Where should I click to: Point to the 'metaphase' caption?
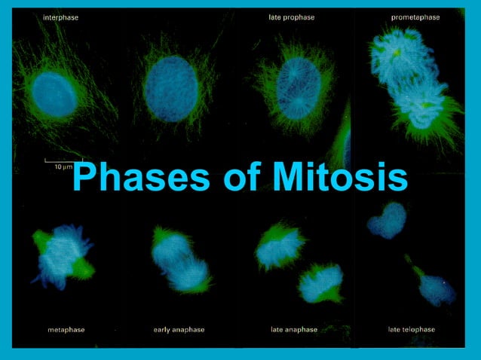62,330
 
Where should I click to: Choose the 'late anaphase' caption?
294,330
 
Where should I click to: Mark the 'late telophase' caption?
411,330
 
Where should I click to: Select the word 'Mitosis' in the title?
341,178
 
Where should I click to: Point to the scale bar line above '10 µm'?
57,160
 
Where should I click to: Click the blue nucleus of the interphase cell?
55,94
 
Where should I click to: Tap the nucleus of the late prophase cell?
299,88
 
